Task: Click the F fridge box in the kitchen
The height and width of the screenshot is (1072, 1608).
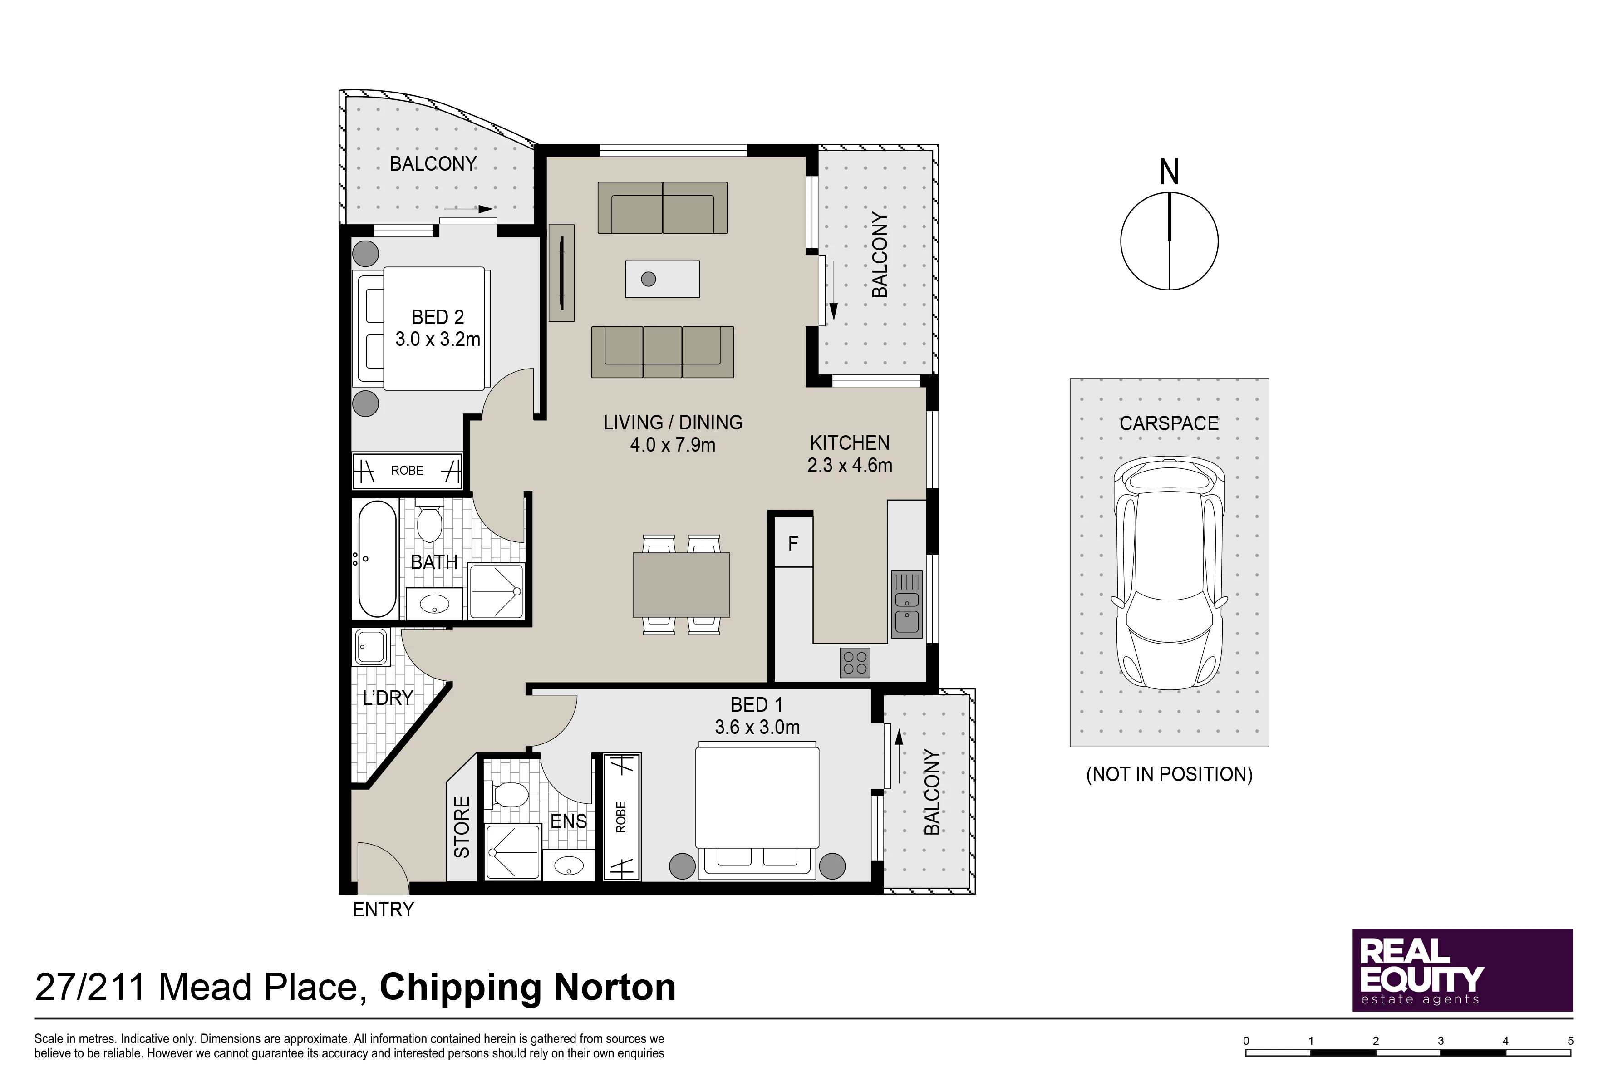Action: pos(793,543)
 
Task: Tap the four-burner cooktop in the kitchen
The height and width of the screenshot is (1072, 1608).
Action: pos(855,663)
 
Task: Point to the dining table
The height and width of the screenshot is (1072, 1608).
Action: pos(681,585)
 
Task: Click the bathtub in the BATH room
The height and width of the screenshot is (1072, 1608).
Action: pos(377,559)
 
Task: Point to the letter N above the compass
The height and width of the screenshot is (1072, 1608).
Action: pos(1169,172)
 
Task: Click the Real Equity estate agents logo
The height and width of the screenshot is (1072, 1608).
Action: pos(1462,970)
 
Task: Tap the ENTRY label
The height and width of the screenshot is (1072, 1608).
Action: pos(384,909)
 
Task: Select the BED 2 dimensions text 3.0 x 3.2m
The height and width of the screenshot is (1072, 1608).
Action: pos(438,339)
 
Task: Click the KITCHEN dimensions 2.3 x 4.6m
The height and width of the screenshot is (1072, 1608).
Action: pos(850,466)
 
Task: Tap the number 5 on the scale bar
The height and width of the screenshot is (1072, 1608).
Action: pos(1570,1041)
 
